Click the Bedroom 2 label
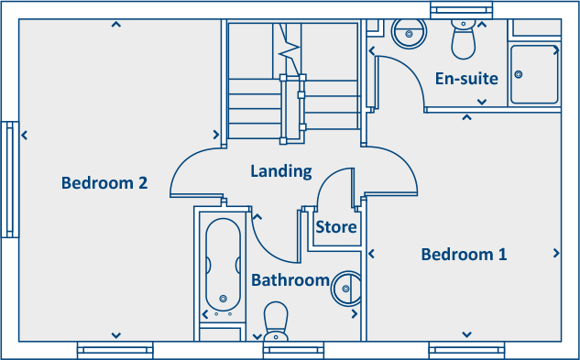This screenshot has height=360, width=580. pos(104,182)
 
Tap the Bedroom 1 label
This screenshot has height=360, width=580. pos(464,254)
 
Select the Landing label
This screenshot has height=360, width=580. pos(281,171)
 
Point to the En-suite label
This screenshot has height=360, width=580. pos(466,79)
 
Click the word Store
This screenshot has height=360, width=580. pos(335,227)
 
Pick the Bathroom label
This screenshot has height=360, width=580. pos(290,279)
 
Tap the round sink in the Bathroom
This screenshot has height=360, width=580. pos(346,289)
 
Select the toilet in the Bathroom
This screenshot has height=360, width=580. pos(277,321)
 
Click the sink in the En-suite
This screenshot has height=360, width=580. pos(407,33)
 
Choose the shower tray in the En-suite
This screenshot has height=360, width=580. pos(533,73)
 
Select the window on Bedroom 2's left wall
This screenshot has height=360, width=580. pos(10,180)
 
